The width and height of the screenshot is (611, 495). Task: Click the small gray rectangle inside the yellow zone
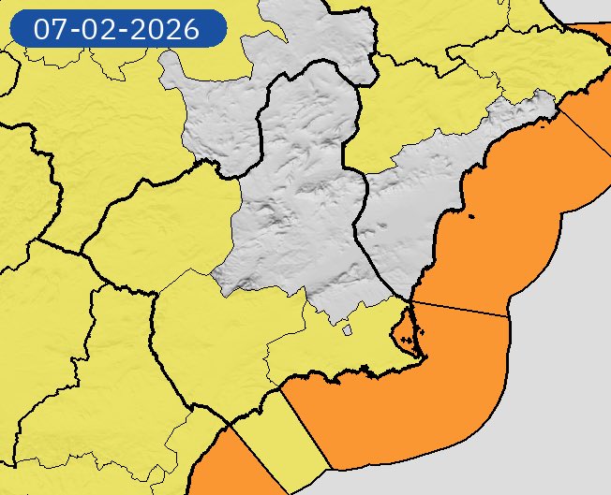[x=347, y=329]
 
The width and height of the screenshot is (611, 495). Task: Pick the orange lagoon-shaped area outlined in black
[x=405, y=330]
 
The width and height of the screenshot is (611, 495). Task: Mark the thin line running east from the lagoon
[x=459, y=310]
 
